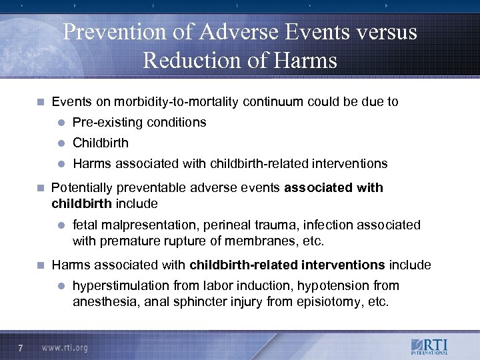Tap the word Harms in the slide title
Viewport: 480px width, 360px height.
click(306, 61)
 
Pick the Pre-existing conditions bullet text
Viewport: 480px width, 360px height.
click(139, 123)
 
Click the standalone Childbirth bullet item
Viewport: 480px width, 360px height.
click(101, 143)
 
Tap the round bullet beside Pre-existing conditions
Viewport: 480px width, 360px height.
click(60, 123)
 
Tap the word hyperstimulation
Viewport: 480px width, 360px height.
click(121, 286)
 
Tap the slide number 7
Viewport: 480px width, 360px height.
click(21, 347)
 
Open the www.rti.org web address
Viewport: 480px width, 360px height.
click(65, 348)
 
